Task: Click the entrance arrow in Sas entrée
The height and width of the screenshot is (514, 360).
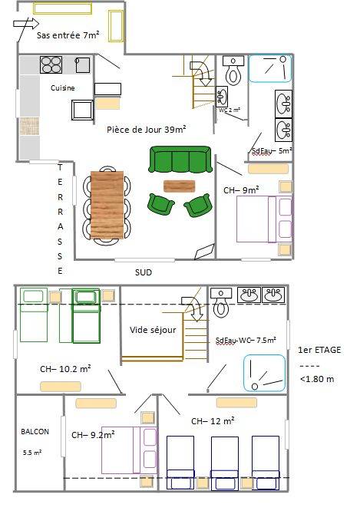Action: click(26, 24)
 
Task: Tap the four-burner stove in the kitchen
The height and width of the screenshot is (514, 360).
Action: click(51, 64)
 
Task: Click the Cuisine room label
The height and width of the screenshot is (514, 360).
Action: click(63, 88)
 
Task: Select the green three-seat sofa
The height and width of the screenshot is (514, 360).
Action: click(180, 160)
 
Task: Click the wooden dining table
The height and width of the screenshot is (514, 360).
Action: click(107, 205)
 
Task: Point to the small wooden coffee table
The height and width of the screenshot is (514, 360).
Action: click(180, 186)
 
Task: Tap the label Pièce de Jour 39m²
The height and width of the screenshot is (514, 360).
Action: click(147, 130)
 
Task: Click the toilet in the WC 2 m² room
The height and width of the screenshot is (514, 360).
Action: click(233, 70)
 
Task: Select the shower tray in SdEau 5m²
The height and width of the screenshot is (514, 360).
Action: click(270, 68)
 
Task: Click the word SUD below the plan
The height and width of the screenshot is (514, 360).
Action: click(144, 272)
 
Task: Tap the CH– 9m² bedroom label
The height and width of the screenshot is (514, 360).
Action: click(241, 189)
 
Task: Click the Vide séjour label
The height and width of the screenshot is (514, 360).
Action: click(153, 330)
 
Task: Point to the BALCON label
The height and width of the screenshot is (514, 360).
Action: click(35, 432)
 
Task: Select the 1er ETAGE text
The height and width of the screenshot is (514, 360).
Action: click(319, 350)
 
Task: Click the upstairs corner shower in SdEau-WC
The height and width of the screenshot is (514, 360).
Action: click(264, 374)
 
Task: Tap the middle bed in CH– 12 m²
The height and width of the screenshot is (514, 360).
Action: click(225, 463)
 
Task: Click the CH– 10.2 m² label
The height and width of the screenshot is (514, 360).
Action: click(65, 369)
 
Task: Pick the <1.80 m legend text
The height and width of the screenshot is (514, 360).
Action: click(317, 379)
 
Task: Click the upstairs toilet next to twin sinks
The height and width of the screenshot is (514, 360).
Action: click(221, 302)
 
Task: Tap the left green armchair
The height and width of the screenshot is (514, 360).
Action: click(160, 205)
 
